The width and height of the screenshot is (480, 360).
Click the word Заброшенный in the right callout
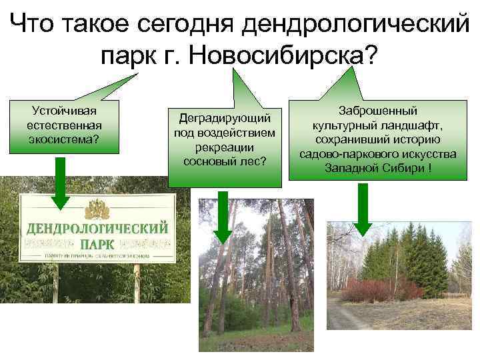pos(377,111)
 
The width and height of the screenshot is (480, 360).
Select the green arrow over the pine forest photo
pos(221,217)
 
